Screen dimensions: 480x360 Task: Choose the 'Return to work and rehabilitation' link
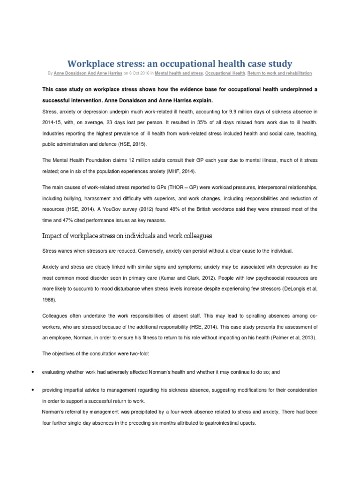(x=279, y=74)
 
